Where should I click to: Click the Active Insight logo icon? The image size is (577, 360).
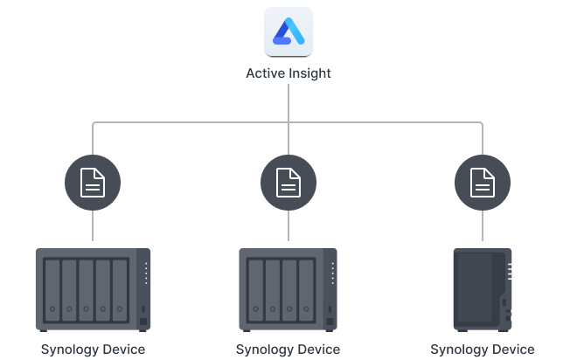click(x=288, y=31)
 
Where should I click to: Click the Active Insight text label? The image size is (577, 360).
click(x=288, y=73)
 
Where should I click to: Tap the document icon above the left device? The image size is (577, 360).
click(x=93, y=183)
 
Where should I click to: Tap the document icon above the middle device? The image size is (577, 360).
click(x=288, y=183)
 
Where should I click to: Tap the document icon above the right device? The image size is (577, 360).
click(x=483, y=183)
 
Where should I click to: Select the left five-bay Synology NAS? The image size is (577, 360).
click(x=93, y=289)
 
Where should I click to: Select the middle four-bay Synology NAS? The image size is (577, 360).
click(x=288, y=289)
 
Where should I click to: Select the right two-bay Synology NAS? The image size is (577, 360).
click(x=482, y=289)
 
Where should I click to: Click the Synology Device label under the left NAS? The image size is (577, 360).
click(x=93, y=350)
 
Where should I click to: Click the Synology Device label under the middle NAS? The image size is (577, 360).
click(x=288, y=350)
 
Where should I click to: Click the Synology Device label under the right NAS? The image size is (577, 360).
click(x=483, y=350)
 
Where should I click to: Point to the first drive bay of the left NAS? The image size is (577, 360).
click(x=52, y=287)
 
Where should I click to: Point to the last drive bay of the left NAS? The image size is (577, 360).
click(x=120, y=287)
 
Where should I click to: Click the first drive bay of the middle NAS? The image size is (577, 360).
click(x=255, y=287)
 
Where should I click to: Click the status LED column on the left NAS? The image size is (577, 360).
click(x=144, y=273)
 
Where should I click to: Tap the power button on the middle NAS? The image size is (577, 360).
click(x=330, y=311)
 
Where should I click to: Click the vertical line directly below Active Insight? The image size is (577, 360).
click(x=288, y=100)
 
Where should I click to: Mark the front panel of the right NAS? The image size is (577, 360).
click(x=476, y=289)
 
